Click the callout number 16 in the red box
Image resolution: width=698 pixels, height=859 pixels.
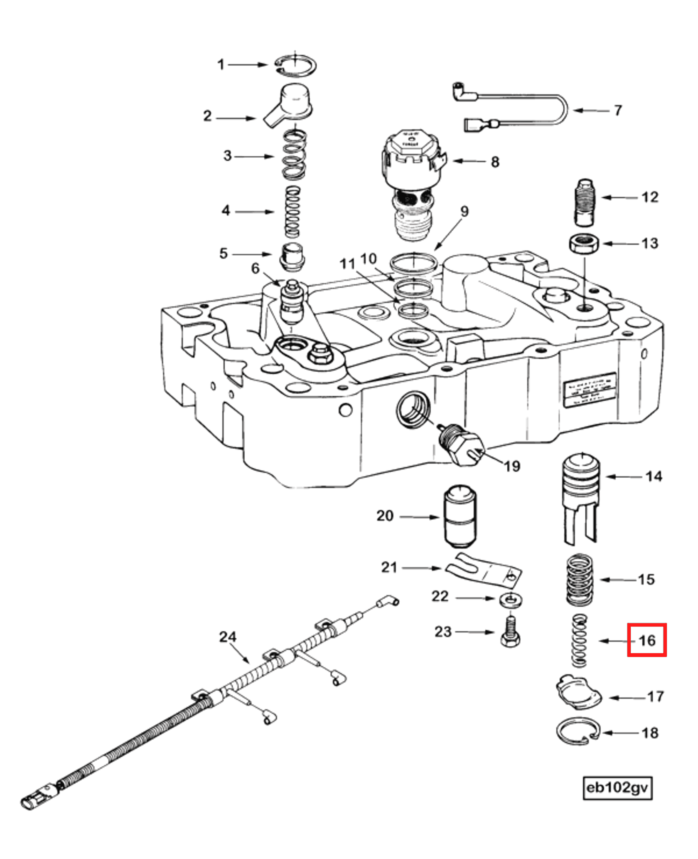(646, 640)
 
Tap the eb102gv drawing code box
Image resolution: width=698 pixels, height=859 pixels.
(617, 787)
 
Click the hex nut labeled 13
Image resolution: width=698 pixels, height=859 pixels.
(584, 244)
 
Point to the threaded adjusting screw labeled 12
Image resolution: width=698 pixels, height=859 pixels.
(585, 202)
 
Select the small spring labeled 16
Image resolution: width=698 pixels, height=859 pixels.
(579, 641)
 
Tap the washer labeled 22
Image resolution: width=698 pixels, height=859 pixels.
(511, 600)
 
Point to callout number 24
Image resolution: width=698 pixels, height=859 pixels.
(228, 637)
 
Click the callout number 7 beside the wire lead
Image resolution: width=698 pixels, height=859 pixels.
(618, 111)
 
